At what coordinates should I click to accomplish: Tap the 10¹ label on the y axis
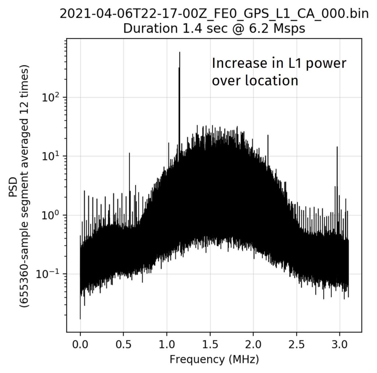[x=51, y=156]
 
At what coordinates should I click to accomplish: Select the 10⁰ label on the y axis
[x=51, y=215]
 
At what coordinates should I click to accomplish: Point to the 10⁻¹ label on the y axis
[x=49, y=274]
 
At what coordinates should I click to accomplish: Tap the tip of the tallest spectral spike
[x=180, y=52]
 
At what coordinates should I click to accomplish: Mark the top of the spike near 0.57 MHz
[x=129, y=153]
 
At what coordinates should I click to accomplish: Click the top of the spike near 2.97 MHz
[x=337, y=147]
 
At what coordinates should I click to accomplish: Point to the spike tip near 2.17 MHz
[x=268, y=135]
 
